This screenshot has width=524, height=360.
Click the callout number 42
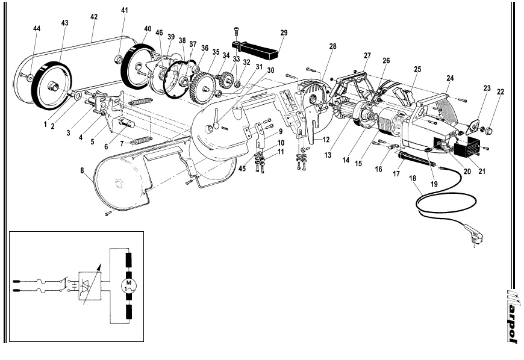[94, 17]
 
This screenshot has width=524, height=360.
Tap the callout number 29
[284, 33]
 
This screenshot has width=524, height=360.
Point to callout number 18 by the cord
[413, 178]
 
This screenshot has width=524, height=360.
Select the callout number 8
[82, 170]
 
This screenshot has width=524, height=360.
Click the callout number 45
[242, 169]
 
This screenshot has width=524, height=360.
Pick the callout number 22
[501, 92]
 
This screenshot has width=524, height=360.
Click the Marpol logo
[513, 316]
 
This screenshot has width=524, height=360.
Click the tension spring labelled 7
[141, 141]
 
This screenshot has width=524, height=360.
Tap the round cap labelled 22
[490, 130]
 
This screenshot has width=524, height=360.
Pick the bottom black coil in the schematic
[129, 311]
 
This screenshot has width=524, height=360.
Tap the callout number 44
[37, 29]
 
